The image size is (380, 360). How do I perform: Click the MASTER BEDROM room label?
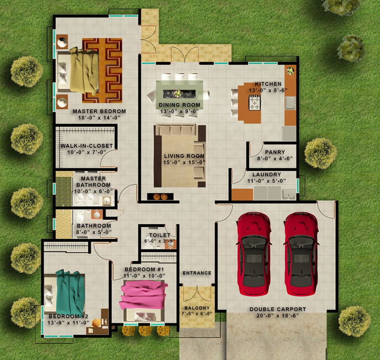[x=99, y=111]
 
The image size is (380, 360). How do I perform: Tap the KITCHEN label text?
[x=268, y=84]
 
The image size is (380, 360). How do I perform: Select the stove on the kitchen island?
[x=255, y=103]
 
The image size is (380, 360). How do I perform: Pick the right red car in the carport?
[x=301, y=254]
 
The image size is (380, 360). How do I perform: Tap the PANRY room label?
[x=275, y=152]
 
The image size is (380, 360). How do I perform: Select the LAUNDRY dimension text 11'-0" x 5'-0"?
[x=266, y=181]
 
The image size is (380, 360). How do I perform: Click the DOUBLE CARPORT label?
[x=278, y=309]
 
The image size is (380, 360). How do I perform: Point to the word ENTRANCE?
[x=197, y=273]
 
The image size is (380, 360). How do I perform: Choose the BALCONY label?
[x=197, y=308]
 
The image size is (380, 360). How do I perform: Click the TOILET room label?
[x=160, y=235]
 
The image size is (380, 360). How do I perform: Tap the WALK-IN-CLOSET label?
[x=86, y=146]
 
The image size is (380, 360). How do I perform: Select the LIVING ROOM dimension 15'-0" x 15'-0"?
[x=184, y=162]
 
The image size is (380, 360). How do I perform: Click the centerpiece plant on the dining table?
[x=178, y=93]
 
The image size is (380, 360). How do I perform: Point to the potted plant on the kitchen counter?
[x=290, y=71]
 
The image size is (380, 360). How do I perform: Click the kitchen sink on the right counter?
[x=290, y=103]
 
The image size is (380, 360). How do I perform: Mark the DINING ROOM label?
[x=180, y=105]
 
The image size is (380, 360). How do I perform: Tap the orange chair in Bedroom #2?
[x=96, y=323]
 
